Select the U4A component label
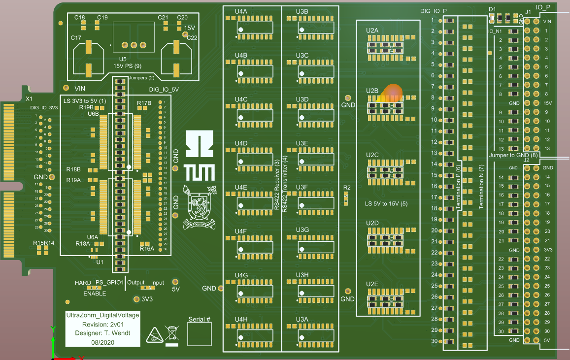[241, 11]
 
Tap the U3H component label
[302, 275]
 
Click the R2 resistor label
[347, 188]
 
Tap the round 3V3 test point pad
[136, 298]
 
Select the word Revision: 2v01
[102, 325]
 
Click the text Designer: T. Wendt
[102, 333]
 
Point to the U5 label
[123, 59]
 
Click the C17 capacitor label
[76, 38]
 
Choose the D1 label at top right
[492, 9]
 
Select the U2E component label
[372, 284]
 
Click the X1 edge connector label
[29, 99]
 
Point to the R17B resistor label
[144, 103]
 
